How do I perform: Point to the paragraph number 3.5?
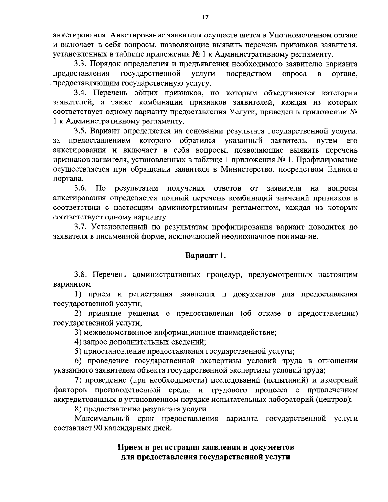80,131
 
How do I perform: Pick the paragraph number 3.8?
80,275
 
